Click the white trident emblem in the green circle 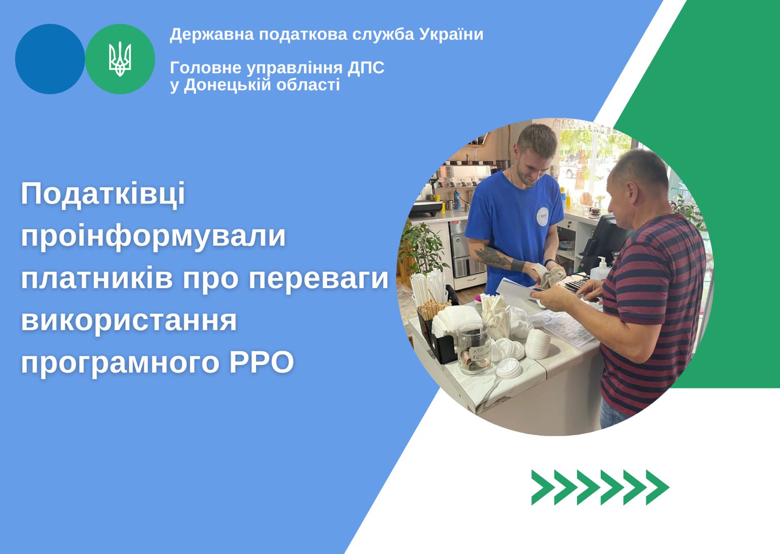pos(120,59)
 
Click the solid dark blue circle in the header pos(50,59)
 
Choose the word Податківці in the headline pos(103,194)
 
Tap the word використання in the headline pos(129,321)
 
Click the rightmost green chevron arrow pos(658,488)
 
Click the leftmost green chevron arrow pos(543,488)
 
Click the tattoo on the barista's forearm pos(492,256)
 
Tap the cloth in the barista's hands pos(548,274)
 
